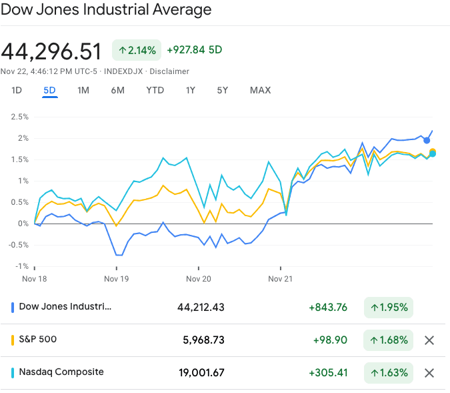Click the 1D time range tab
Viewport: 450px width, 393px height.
coord(17,90)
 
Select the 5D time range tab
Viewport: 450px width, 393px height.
coord(50,90)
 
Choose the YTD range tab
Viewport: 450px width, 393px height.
coord(155,90)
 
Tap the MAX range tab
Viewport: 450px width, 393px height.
coord(260,90)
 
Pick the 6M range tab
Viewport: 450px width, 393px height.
coord(118,90)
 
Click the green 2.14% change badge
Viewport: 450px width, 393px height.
coord(137,50)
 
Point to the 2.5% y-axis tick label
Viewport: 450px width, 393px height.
coord(19,117)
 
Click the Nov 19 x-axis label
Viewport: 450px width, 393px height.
coord(116,279)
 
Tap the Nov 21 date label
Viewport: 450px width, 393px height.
coord(281,279)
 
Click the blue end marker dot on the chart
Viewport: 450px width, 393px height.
coord(427,140)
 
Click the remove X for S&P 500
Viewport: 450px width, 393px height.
coord(429,340)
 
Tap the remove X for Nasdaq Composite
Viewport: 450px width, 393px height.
coord(429,373)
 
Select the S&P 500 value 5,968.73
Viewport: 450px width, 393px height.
coord(203,340)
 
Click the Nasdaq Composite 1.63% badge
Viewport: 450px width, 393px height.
coord(389,373)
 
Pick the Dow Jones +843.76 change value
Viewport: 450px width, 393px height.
coord(327,308)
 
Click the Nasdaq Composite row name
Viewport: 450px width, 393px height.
coord(61,372)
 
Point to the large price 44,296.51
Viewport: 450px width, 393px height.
coord(51,51)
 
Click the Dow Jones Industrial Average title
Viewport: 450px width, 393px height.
coord(106,10)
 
